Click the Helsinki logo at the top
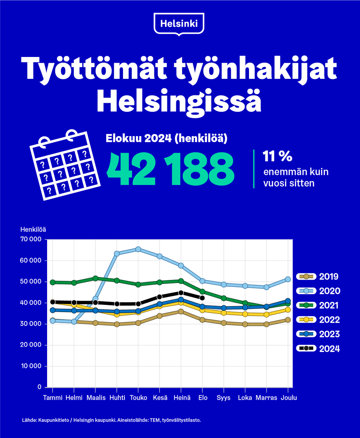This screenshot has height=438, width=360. coord(179,24)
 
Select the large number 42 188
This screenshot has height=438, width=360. coord(170,169)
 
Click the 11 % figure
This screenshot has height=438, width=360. coord(277,157)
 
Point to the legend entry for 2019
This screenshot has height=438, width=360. coord(318,277)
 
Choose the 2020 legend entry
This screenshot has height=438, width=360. coord(318,291)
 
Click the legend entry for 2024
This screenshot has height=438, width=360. coord(318,349)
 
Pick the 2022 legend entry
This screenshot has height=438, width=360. coord(318,320)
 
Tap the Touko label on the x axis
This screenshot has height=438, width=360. coord(138,397)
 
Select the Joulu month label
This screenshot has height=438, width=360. coord(288,397)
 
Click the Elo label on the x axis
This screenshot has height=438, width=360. coord(202,397)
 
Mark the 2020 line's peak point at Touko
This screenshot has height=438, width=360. coord(138,249)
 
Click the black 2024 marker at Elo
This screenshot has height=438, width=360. coord(202,298)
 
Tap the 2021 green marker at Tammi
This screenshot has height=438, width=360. coord(53,282)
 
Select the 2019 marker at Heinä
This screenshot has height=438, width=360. coord(181,311)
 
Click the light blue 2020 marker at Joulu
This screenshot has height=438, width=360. coord(288,279)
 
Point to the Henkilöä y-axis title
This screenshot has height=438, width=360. coord(33,230)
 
